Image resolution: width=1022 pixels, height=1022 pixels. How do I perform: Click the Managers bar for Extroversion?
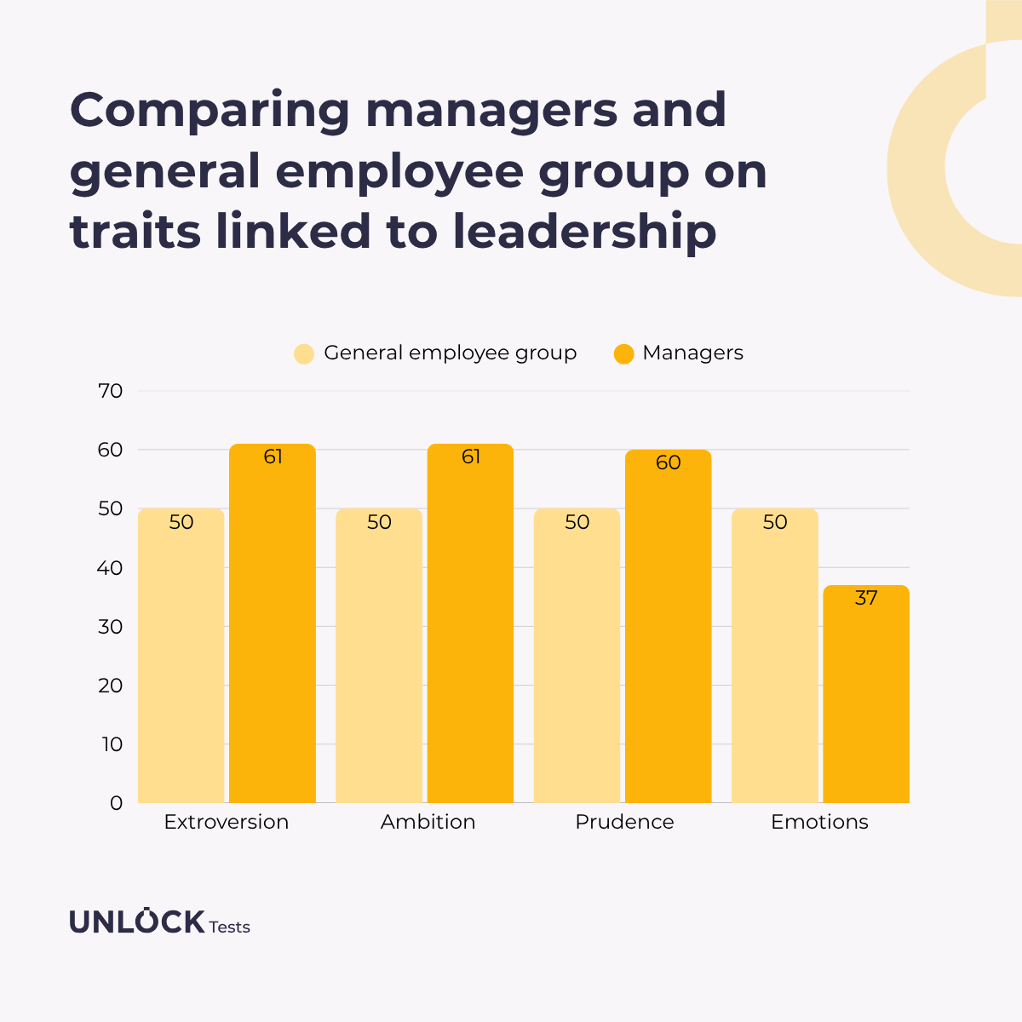pyautogui.click(x=273, y=630)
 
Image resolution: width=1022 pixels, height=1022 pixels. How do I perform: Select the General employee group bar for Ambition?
pyautogui.click(x=379, y=664)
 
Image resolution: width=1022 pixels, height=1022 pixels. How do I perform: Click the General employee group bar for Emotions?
pyautogui.click(x=775, y=664)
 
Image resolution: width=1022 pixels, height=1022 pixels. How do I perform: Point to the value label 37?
pyautogui.click(x=866, y=599)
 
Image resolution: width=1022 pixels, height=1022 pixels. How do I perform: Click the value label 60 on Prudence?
pyautogui.click(x=669, y=462)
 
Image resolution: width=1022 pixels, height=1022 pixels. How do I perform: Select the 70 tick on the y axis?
pyautogui.click(x=111, y=392)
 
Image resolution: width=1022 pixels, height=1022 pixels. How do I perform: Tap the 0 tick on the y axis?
pyautogui.click(x=117, y=803)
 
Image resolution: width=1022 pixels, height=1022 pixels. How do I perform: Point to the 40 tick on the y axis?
pyautogui.click(x=111, y=568)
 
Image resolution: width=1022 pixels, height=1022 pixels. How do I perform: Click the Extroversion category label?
pyautogui.click(x=227, y=822)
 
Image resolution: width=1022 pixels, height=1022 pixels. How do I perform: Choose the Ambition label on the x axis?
pyautogui.click(x=428, y=822)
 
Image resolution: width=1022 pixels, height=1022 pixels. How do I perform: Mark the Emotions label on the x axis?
pyautogui.click(x=819, y=822)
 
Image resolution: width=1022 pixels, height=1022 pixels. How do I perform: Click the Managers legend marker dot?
pyautogui.click(x=624, y=353)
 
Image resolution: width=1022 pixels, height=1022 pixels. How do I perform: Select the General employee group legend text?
pyautogui.click(x=451, y=353)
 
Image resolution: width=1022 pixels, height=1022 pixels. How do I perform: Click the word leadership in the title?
pyautogui.click(x=584, y=232)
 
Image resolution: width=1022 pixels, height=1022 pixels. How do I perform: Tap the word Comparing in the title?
pyautogui.click(x=210, y=111)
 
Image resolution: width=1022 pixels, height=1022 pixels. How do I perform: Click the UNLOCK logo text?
pyautogui.click(x=137, y=922)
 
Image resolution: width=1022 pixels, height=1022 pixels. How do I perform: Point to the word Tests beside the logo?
pyautogui.click(x=230, y=927)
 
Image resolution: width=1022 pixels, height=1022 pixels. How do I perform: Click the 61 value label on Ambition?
pyautogui.click(x=471, y=457)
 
